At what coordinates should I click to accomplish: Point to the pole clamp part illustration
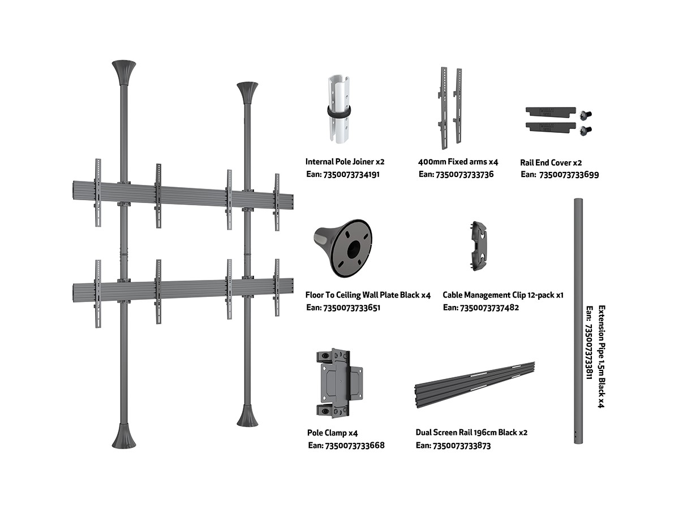click(x=338, y=382)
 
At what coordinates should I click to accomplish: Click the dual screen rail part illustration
click(x=475, y=382)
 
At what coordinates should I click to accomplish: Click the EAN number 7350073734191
click(x=343, y=175)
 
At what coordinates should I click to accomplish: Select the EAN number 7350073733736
click(x=456, y=174)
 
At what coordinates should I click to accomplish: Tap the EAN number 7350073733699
click(x=559, y=175)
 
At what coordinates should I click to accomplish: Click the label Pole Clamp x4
click(x=333, y=433)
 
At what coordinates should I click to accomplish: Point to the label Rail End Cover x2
click(x=551, y=162)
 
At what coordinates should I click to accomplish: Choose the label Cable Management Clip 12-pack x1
click(x=503, y=295)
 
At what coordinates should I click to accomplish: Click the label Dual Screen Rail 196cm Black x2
click(x=471, y=433)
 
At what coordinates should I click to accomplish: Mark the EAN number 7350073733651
click(x=343, y=308)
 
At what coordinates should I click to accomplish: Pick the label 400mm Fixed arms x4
click(x=458, y=162)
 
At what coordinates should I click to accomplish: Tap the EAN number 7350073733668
click(x=346, y=446)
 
